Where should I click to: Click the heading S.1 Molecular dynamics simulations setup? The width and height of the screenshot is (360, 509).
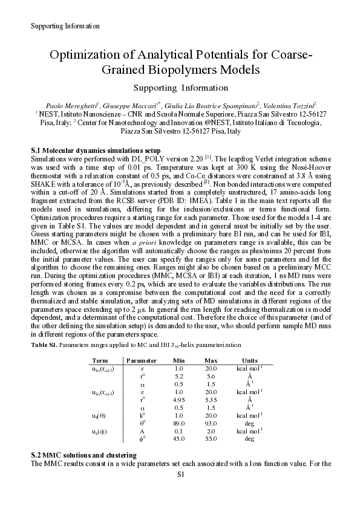(95, 149)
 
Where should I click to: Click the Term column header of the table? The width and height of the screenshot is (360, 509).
(100, 360)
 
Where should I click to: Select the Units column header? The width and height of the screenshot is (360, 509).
(249, 360)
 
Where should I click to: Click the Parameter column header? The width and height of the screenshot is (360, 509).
(142, 360)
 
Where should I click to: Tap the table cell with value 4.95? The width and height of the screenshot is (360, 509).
(178, 400)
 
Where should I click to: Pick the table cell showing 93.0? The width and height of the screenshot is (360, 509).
(211, 423)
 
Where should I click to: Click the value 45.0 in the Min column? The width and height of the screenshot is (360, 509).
(178, 439)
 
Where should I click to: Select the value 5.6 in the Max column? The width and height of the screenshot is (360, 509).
(211, 376)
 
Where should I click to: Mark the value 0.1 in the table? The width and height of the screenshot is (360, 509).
(178, 431)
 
